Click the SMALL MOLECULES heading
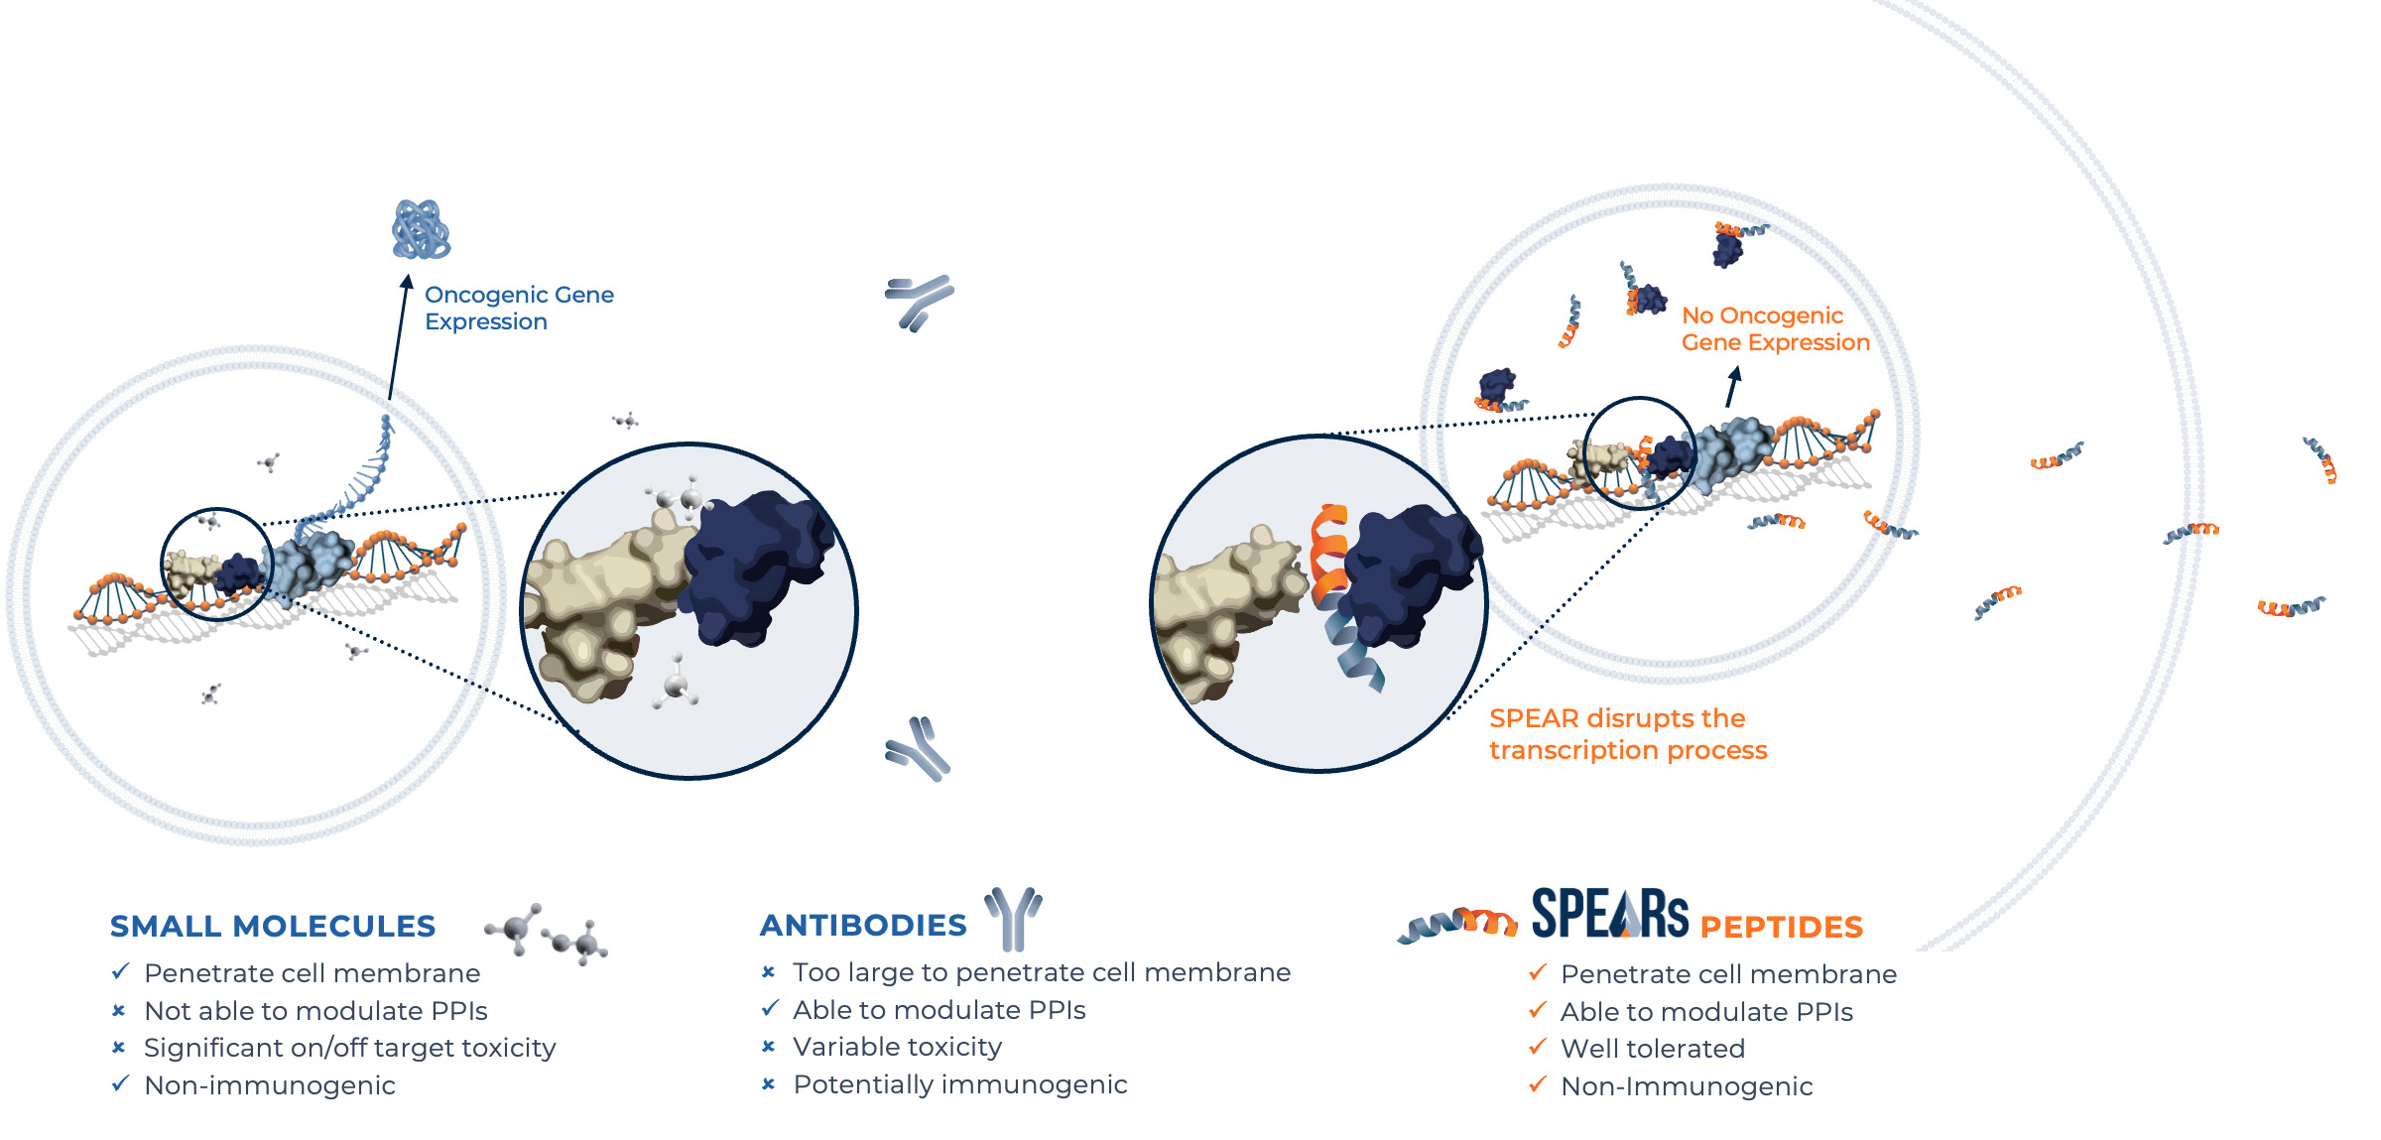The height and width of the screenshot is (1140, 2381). click(273, 926)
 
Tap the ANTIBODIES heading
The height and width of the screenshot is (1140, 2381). click(863, 925)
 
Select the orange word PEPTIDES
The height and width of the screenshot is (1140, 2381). click(1782, 927)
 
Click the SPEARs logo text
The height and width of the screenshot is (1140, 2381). click(1610, 913)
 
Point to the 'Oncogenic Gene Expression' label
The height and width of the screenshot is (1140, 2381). click(519, 308)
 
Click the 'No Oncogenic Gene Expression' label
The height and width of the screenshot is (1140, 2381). click(1776, 328)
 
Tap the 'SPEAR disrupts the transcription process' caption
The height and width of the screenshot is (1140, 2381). click(1628, 733)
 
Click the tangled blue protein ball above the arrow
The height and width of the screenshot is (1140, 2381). click(421, 229)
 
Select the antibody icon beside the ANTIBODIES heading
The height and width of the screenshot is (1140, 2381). click(1013, 919)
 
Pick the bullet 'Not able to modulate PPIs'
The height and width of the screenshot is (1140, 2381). click(315, 1010)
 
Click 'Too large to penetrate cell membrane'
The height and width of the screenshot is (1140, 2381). click(1042, 972)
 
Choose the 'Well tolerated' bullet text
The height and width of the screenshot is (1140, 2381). click(1653, 1048)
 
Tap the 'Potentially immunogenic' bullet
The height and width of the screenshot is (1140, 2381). click(960, 1084)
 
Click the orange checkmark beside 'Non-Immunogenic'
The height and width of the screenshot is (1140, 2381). click(1538, 1084)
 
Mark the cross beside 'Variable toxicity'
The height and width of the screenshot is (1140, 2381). click(768, 1047)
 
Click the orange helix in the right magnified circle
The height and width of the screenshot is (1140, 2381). click(1329, 556)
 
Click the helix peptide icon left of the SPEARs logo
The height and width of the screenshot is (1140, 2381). click(1457, 925)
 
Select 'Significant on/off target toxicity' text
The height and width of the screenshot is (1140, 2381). click(350, 1048)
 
